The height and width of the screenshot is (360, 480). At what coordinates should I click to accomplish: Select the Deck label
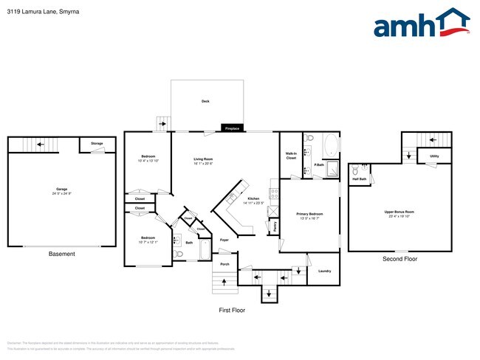pos(205,101)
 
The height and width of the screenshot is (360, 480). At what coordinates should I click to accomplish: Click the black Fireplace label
pos(232,129)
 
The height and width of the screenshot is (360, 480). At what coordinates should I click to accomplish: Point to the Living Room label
pos(203,159)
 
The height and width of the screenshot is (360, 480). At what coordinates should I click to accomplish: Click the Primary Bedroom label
pos(310,215)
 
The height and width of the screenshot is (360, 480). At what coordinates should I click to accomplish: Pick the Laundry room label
pos(324,271)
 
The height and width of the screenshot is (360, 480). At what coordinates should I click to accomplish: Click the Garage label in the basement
pos(61,190)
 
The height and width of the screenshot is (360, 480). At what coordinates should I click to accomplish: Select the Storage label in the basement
pos(97,143)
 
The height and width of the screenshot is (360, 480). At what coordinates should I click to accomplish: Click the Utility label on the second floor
pos(434,156)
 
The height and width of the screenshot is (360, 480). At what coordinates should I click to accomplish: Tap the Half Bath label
pos(360,179)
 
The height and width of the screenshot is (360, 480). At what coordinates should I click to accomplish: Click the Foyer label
pos(224,240)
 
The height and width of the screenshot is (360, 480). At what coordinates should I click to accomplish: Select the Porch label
pos(224,264)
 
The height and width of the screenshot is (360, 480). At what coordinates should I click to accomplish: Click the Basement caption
pos(61,255)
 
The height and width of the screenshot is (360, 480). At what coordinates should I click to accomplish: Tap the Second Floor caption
pos(400,259)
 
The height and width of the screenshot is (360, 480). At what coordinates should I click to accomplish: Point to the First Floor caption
pos(231,311)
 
